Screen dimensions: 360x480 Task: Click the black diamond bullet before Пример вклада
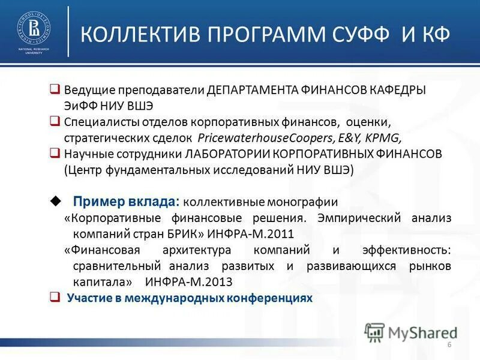click(x=56, y=200)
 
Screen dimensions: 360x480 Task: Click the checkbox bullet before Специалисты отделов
click(x=55, y=122)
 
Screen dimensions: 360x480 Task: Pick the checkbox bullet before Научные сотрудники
click(x=55, y=153)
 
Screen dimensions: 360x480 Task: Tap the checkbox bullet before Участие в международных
click(x=55, y=297)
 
